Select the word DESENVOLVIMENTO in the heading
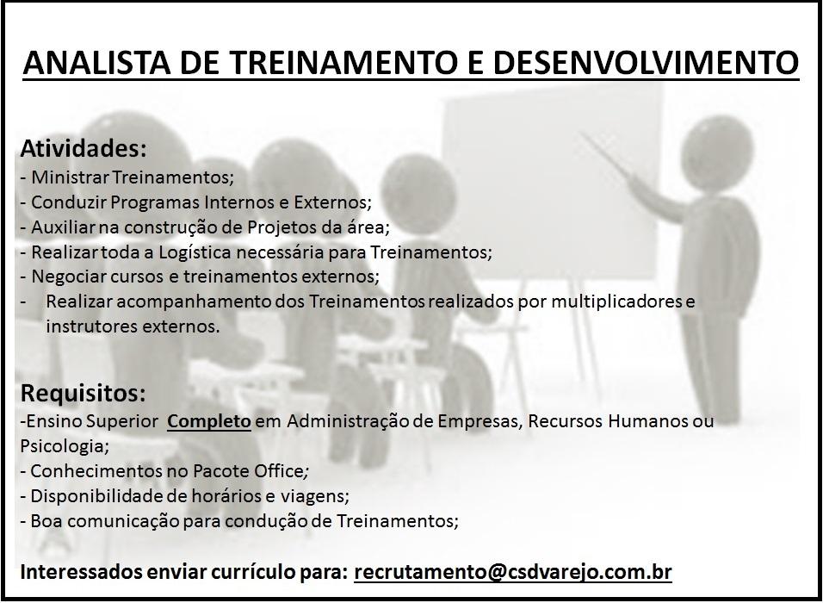point(646,62)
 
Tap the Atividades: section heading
point(83,149)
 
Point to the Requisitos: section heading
point(83,393)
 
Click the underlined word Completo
point(209,421)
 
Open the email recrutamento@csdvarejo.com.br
point(513,571)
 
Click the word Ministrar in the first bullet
point(71,177)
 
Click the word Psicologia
point(64,446)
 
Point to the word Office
point(278,471)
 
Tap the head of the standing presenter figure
point(717,152)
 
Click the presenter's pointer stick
point(607,155)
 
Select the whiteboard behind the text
point(551,183)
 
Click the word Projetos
point(281,228)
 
